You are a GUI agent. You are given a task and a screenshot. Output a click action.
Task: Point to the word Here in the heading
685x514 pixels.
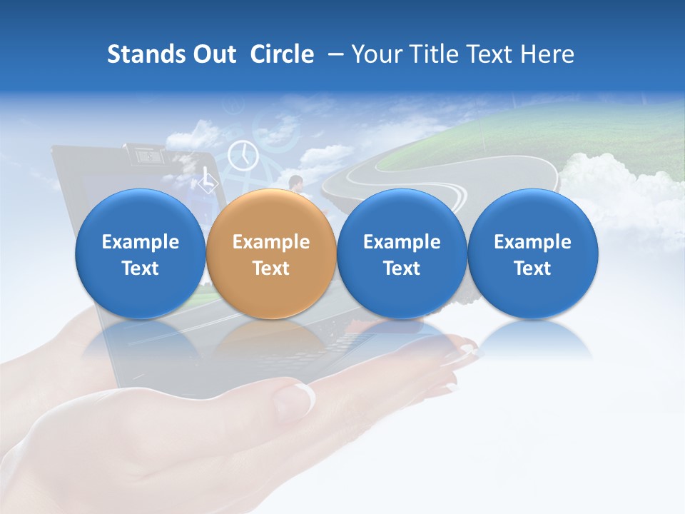pos(547,54)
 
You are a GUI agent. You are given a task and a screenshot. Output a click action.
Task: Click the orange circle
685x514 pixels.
pos(271,254)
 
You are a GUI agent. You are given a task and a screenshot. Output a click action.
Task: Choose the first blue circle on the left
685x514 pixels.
pos(141,254)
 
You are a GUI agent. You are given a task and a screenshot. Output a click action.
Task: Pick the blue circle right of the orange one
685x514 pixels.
pos(402,254)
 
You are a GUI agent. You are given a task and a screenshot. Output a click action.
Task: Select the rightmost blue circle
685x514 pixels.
pos(532,254)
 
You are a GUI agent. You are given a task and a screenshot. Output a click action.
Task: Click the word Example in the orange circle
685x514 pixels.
pos(271,242)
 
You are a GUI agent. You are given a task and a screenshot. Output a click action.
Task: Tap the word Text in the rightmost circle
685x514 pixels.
pos(532,268)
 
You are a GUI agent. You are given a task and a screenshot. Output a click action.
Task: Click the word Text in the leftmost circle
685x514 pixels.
pos(141,268)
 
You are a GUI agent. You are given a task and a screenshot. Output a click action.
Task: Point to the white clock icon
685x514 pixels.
pos(243,155)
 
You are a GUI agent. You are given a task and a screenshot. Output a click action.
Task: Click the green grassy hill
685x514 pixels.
pos(571,132)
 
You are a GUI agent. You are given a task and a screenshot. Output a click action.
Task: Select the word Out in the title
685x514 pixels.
pos(213,54)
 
